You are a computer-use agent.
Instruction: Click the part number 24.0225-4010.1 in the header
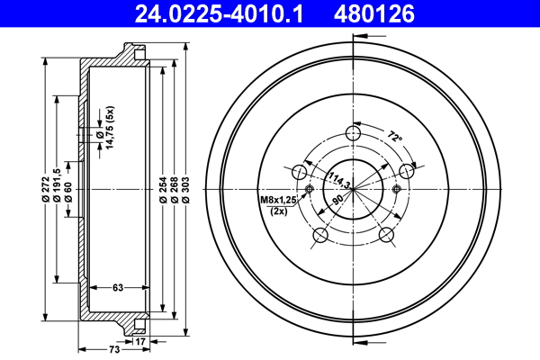coord(219,13)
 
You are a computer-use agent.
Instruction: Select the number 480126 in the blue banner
coord(374,13)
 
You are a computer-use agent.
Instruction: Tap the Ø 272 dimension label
coord(46,189)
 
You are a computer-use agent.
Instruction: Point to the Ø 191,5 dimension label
coord(58,185)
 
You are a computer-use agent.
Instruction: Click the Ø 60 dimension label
coord(68,192)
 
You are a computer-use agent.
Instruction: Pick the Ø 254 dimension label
coord(163,190)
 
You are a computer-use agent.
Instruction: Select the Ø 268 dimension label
coord(175,190)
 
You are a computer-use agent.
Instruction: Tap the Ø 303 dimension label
coord(185,190)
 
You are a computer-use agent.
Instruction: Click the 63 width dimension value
coord(118,287)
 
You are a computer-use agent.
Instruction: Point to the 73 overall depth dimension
coord(114,349)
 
